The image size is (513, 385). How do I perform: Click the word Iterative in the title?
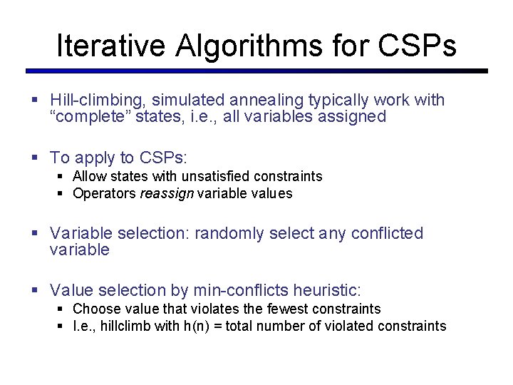tap(110, 46)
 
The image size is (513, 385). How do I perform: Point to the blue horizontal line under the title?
tap(256, 71)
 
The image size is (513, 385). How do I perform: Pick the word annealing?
tap(276, 100)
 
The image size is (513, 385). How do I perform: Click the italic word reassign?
tap(167, 194)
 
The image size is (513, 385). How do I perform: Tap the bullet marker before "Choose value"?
tap(61, 309)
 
